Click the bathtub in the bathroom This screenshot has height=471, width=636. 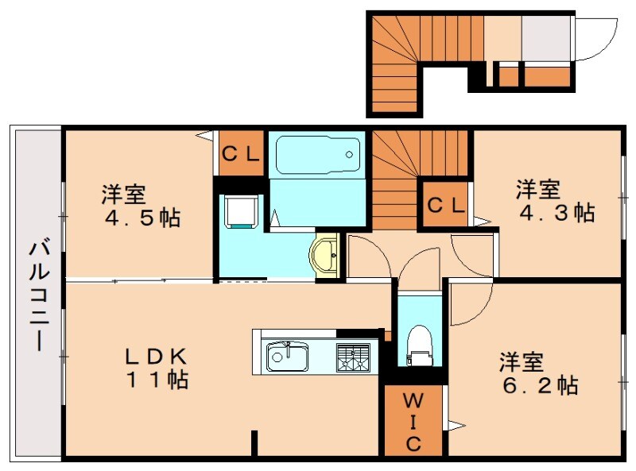click(318, 156)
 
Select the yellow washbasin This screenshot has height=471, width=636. click(327, 255)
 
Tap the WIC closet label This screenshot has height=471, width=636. click(413, 422)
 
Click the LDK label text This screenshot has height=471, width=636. click(155, 356)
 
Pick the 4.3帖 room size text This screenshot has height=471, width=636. click(556, 213)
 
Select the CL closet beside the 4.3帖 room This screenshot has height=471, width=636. click(445, 205)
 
